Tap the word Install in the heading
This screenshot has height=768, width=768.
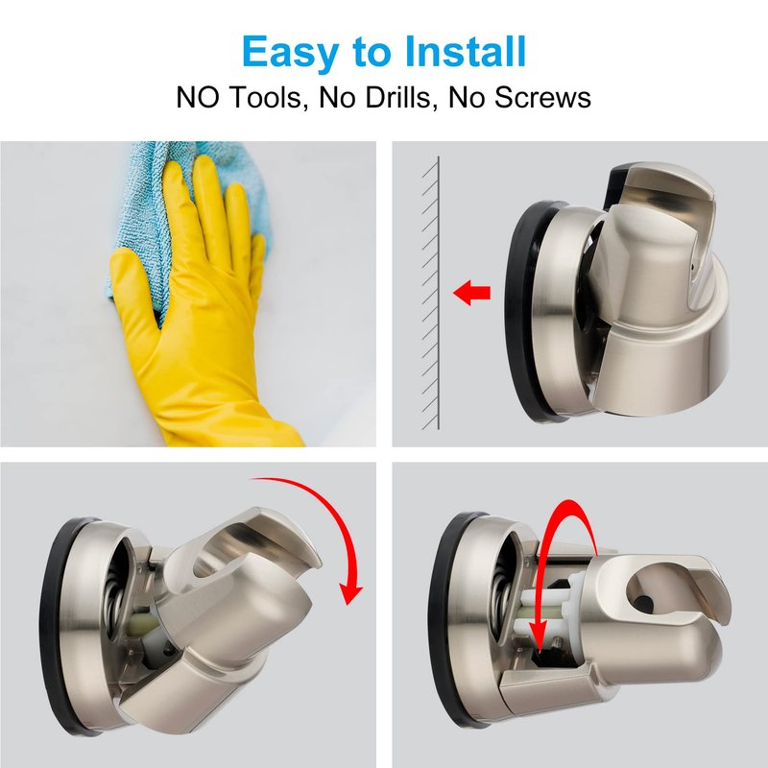click(466, 51)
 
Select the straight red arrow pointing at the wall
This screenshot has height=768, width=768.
click(471, 293)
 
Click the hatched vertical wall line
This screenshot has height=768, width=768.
click(438, 293)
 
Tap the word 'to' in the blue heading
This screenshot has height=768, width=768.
click(372, 53)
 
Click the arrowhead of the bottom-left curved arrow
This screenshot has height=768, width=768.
click(351, 590)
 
